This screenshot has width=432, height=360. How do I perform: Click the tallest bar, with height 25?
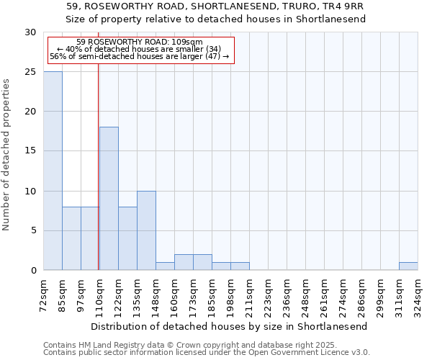[53, 171]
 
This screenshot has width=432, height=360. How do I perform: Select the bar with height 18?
[109, 199]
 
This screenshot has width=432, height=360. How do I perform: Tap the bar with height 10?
[146, 230]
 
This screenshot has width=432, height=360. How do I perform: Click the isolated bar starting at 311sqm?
[408, 266]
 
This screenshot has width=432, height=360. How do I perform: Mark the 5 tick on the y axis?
[32, 230]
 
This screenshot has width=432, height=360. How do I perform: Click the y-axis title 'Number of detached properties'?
[6, 155]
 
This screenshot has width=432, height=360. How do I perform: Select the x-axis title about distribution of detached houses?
[229, 326]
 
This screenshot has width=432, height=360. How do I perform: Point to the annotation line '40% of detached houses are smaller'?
[139, 49]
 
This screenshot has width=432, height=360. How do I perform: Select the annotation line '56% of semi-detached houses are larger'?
[139, 56]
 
